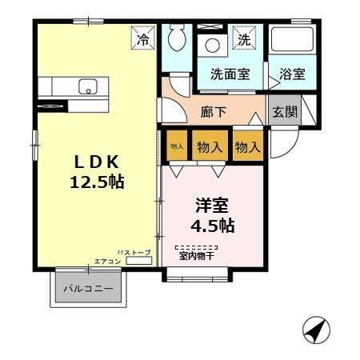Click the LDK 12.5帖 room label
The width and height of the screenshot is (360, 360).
[95, 170]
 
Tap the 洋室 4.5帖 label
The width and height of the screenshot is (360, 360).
[211, 214]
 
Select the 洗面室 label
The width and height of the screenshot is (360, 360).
[230, 74]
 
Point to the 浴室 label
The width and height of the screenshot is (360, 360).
[292, 74]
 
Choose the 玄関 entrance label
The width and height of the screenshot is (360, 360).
[284, 111]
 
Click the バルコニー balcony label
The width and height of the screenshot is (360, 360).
[89, 288]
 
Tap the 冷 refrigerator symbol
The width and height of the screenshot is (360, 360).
[143, 38]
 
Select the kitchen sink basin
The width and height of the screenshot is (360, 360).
[86, 86]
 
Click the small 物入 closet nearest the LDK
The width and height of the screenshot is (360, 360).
[177, 146]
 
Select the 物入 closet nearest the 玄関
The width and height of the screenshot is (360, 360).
[248, 146]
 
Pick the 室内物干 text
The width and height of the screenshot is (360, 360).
[196, 256]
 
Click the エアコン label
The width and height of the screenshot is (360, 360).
[106, 262]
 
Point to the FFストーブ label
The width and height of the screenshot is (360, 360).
[133, 252]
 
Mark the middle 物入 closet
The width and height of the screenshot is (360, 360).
[210, 146]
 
